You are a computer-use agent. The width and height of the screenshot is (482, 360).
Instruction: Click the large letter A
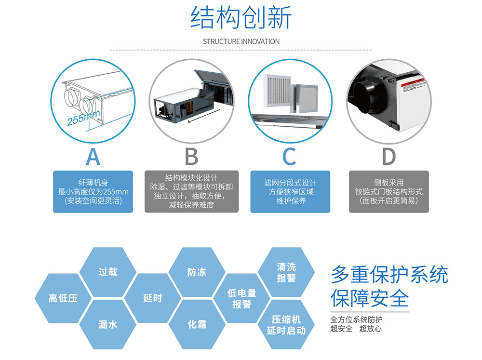(x=93, y=157)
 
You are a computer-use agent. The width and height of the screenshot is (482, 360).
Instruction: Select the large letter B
(x=191, y=157)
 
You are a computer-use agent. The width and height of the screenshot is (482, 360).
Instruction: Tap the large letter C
(x=289, y=157)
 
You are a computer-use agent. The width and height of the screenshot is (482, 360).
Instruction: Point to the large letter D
(x=388, y=157)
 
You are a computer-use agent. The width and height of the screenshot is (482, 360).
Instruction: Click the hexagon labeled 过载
(x=108, y=272)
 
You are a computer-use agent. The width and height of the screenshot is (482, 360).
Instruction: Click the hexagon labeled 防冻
(x=197, y=272)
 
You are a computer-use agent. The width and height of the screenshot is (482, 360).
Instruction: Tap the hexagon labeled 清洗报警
(x=286, y=272)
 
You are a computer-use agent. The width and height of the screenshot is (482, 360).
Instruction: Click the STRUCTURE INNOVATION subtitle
(x=241, y=41)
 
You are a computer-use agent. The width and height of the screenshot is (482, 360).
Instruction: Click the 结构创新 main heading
(x=241, y=18)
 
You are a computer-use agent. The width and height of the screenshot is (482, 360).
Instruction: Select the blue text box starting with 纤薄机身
(x=93, y=191)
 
